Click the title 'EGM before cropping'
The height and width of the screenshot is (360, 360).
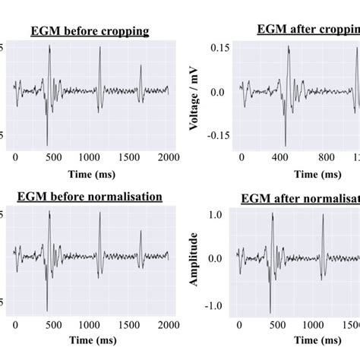(x=90, y=31)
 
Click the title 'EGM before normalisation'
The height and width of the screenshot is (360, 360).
(x=90, y=197)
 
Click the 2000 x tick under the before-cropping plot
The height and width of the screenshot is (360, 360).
(x=169, y=157)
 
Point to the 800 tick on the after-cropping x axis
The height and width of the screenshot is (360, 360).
(x=325, y=157)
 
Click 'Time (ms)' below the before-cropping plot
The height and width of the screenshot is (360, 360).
(x=90, y=173)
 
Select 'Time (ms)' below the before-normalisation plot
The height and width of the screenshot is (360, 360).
(x=90, y=339)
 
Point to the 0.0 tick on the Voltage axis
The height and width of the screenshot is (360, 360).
(x=219, y=92)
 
